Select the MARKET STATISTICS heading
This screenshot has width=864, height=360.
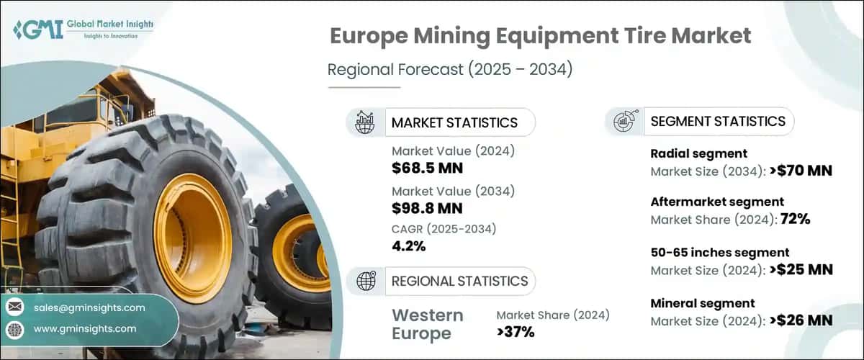(454, 122)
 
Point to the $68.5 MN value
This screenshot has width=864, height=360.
(428, 168)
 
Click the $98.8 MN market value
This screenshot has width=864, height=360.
(428, 209)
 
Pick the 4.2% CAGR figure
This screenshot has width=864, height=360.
(408, 246)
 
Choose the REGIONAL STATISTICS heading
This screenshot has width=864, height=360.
(459, 281)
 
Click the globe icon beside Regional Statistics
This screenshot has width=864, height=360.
(366, 281)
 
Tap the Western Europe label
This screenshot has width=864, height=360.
(428, 324)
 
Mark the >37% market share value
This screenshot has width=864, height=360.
(516, 332)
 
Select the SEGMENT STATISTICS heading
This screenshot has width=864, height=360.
(718, 121)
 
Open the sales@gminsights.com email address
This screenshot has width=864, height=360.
(89, 307)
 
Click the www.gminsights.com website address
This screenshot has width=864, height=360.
(85, 328)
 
